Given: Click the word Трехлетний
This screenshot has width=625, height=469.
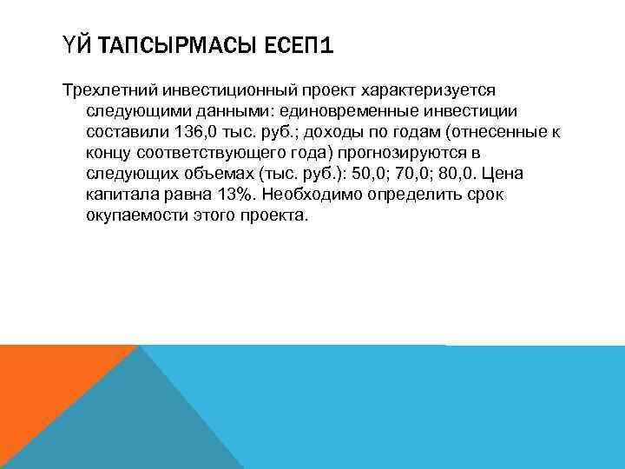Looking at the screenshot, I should click(101, 89).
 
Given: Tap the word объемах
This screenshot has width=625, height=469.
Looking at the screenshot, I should click(208, 173).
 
